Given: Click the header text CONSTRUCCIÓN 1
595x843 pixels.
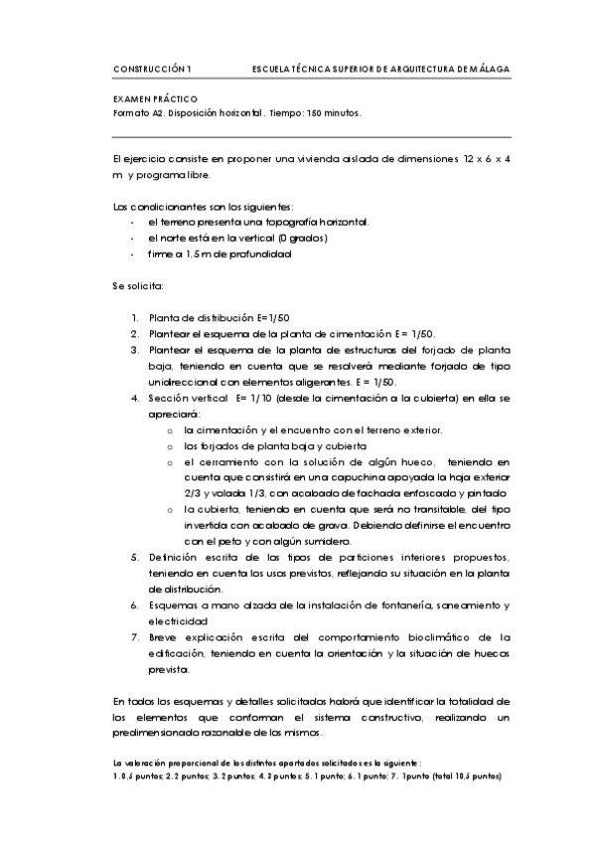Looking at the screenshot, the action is tap(153, 69).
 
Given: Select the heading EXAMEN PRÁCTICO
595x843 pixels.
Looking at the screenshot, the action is tap(156, 99).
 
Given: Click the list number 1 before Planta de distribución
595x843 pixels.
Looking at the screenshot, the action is tap(135, 318).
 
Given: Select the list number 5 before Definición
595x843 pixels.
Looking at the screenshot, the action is tap(135, 557).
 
